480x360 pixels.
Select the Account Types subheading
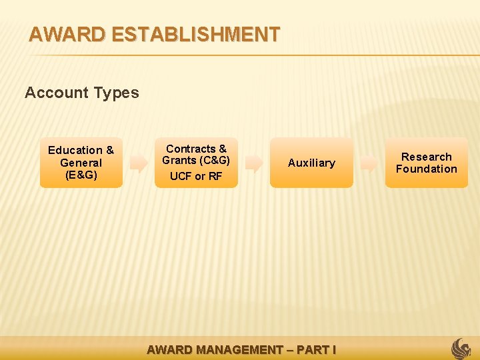[x=82, y=93]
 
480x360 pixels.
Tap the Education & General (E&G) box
[x=81, y=163]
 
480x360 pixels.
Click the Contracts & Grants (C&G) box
[x=196, y=163]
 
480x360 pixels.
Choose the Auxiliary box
[x=311, y=163]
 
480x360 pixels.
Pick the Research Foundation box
[x=427, y=163]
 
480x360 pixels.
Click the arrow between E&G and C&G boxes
[x=139, y=163]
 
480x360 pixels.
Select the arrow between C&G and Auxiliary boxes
[x=254, y=163]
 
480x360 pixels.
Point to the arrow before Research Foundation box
[x=369, y=163]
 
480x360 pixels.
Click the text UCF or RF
[x=196, y=177]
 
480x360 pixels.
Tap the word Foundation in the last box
[x=427, y=169]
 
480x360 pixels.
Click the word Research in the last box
[x=427, y=157]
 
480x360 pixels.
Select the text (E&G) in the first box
[x=81, y=175]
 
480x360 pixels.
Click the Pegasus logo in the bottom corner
[x=461, y=348]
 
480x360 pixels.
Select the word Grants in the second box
[x=179, y=160]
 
